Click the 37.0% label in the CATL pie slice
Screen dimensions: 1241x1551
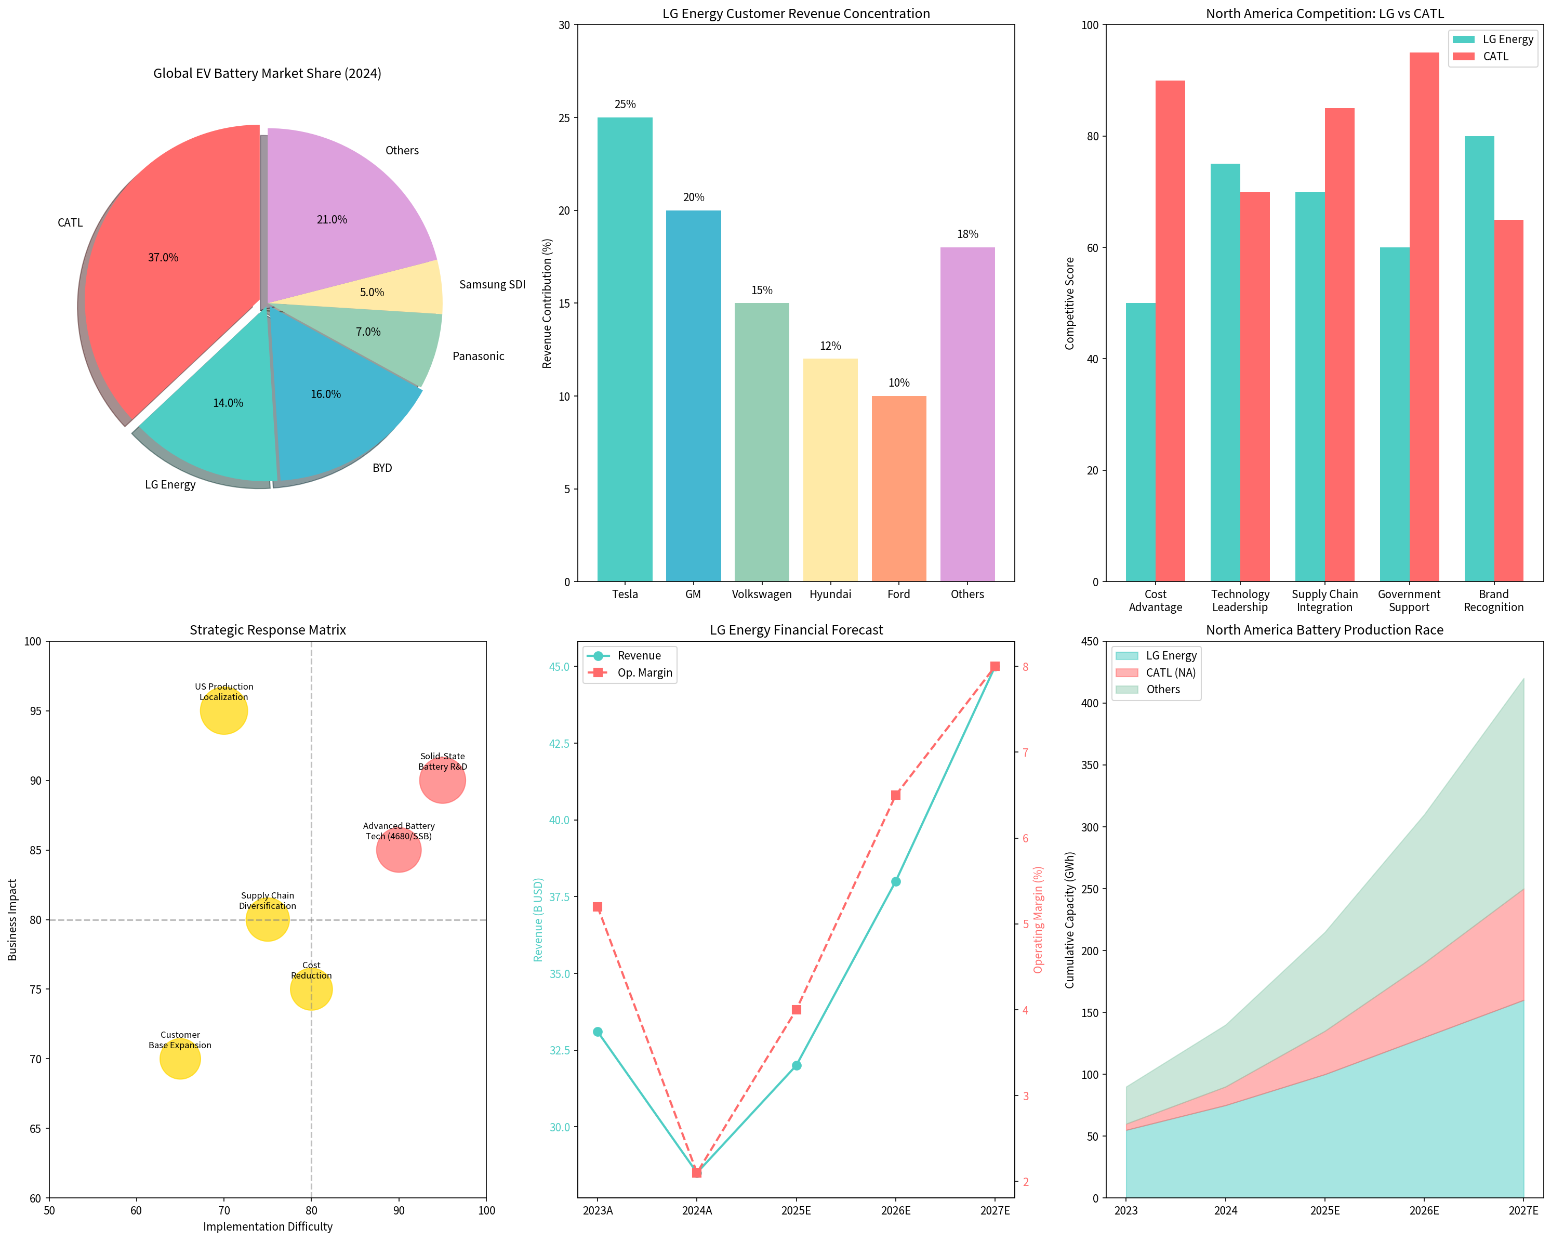coord(163,258)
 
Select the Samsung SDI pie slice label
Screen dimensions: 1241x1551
coord(492,284)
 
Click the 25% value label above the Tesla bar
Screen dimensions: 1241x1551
coord(625,104)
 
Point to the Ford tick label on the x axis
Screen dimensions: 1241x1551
coord(898,594)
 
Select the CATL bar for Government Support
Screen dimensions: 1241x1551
coord(1424,316)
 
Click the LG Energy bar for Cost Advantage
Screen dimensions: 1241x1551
coord(1140,442)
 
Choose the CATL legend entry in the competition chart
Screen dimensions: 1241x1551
coord(1495,57)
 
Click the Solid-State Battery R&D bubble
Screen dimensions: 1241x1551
coord(442,781)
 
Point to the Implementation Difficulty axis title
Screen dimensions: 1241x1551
coord(268,1226)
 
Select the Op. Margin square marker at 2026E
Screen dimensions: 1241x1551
coord(896,795)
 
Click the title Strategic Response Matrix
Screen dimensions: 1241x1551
coord(268,630)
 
